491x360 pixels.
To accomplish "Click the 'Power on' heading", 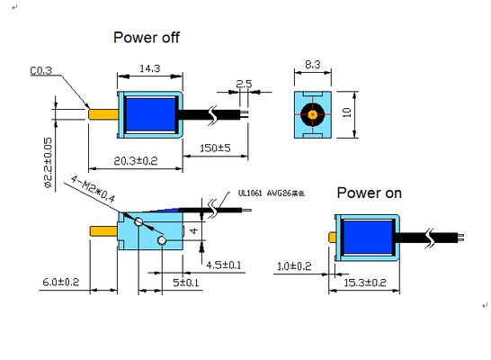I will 369,193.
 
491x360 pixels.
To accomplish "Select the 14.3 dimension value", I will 150,67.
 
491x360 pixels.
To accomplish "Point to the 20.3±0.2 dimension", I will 136,160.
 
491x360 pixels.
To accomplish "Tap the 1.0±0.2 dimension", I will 293,265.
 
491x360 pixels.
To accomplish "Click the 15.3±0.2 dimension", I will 363,283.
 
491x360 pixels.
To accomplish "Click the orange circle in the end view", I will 313,114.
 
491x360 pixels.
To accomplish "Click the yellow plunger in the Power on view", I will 332,238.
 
